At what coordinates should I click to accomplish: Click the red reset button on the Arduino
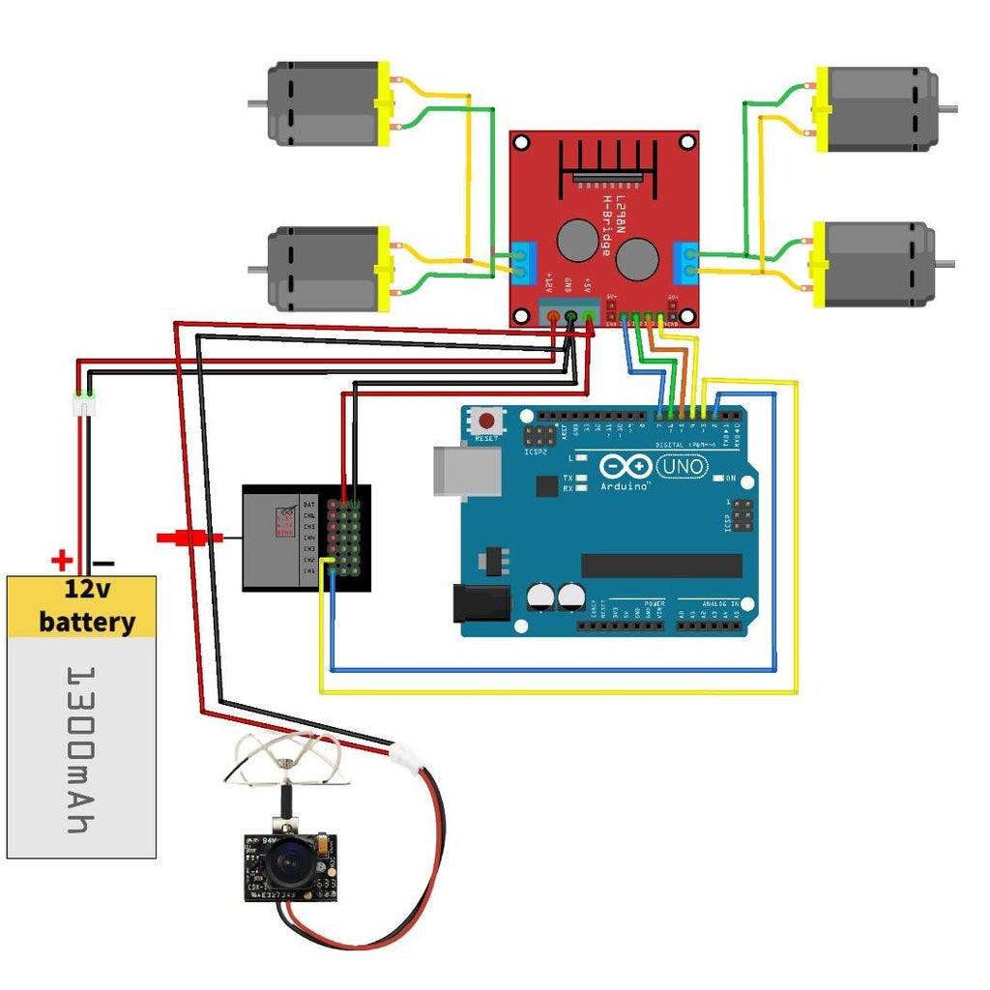click(485, 422)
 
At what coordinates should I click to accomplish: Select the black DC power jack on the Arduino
click(481, 602)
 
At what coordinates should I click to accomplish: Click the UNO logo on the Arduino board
click(682, 467)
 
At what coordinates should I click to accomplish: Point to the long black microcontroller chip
click(661, 566)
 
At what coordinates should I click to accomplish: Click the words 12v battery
click(85, 605)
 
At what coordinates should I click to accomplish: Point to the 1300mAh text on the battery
click(82, 748)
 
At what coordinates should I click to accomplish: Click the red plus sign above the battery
click(62, 560)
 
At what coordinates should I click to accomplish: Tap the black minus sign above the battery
click(104, 562)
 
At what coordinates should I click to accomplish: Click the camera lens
click(287, 863)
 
